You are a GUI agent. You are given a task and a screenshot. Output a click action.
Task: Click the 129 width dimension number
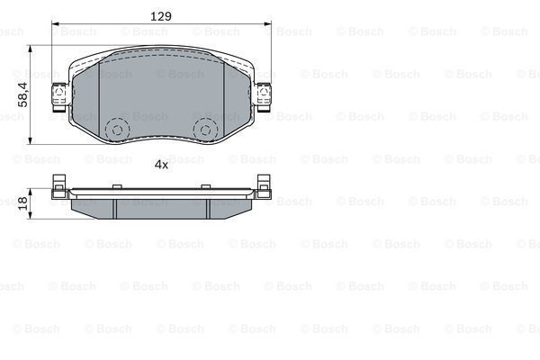pyautogui.click(x=160, y=16)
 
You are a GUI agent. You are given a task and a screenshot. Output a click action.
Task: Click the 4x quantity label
pyautogui.click(x=161, y=165)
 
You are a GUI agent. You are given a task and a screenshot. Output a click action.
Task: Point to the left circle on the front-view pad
pyautogui.click(x=116, y=130)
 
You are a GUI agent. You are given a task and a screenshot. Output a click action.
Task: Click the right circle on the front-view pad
pyautogui.click(x=206, y=130)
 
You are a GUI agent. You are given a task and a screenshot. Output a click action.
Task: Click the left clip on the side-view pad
pyautogui.click(x=59, y=184)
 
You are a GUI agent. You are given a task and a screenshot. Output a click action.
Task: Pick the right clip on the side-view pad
pyautogui.click(x=263, y=184)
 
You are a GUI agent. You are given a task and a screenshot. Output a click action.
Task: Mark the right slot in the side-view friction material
pyautogui.click(x=207, y=207)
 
